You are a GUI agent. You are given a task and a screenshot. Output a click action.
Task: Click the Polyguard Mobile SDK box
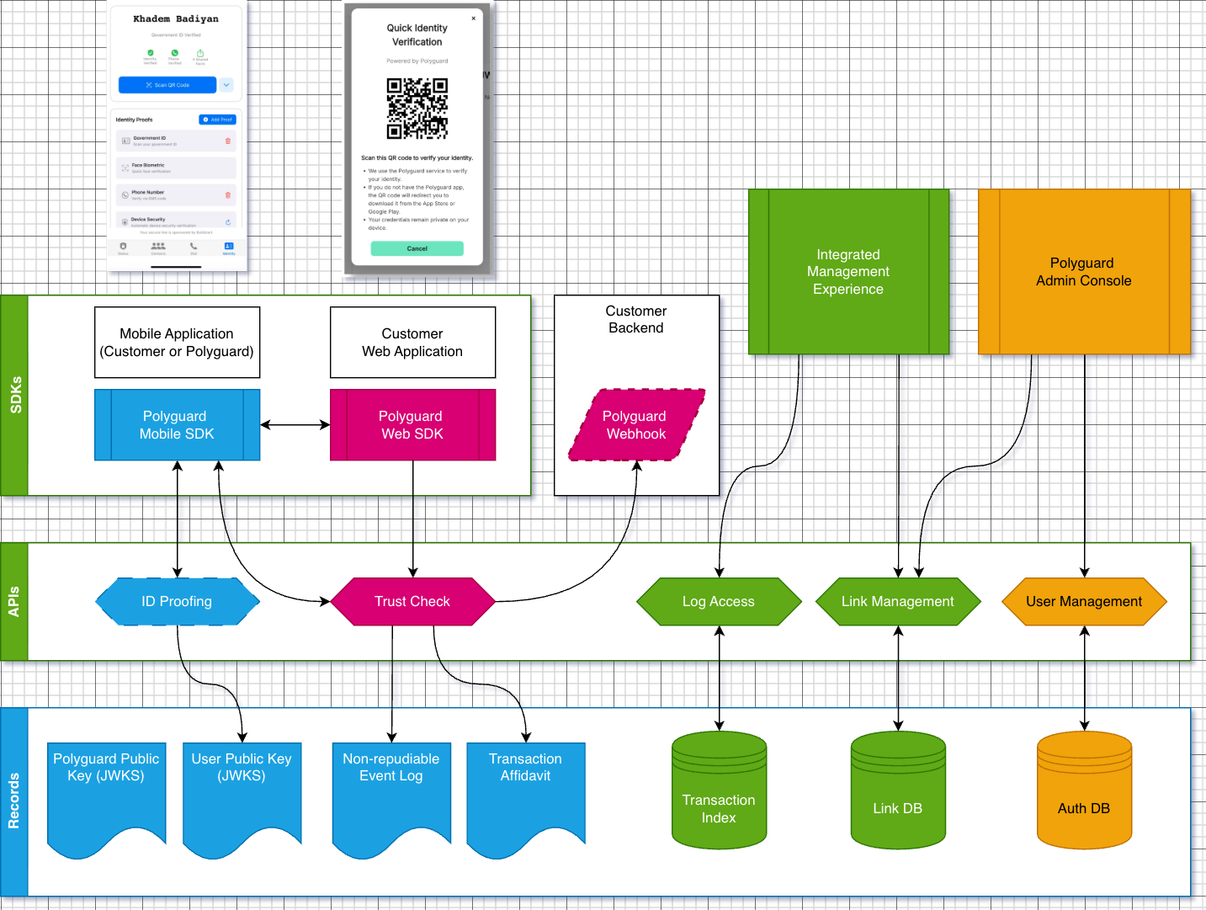click(x=177, y=425)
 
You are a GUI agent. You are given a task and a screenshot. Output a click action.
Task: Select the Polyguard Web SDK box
click(x=412, y=425)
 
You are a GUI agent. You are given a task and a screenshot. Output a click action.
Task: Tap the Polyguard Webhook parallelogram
click(x=636, y=425)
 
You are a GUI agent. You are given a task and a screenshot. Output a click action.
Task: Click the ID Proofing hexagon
click(x=177, y=601)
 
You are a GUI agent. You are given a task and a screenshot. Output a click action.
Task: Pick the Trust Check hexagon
click(x=412, y=601)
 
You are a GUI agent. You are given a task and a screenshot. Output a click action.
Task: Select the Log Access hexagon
click(x=719, y=601)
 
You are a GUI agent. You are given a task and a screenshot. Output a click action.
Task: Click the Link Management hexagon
click(x=898, y=601)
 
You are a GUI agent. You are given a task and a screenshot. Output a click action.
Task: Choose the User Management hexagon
click(x=1084, y=601)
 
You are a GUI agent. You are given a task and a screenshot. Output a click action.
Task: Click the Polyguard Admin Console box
click(x=1084, y=272)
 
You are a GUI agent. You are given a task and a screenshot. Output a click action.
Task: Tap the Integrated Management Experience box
click(x=848, y=272)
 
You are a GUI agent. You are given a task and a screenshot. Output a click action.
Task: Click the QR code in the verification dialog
click(x=417, y=109)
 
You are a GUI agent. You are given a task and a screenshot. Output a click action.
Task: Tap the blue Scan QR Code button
click(x=167, y=85)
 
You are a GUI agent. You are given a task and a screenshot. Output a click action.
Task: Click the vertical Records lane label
click(x=13, y=801)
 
